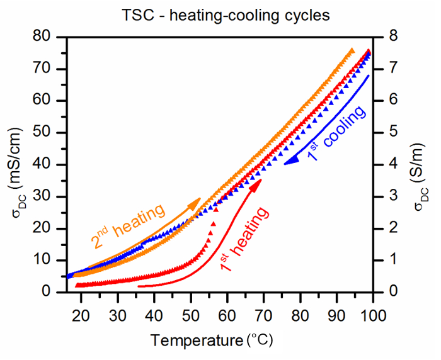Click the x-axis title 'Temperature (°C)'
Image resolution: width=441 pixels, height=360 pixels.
tap(212, 340)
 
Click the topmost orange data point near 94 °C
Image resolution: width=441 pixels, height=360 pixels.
tap(352, 50)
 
